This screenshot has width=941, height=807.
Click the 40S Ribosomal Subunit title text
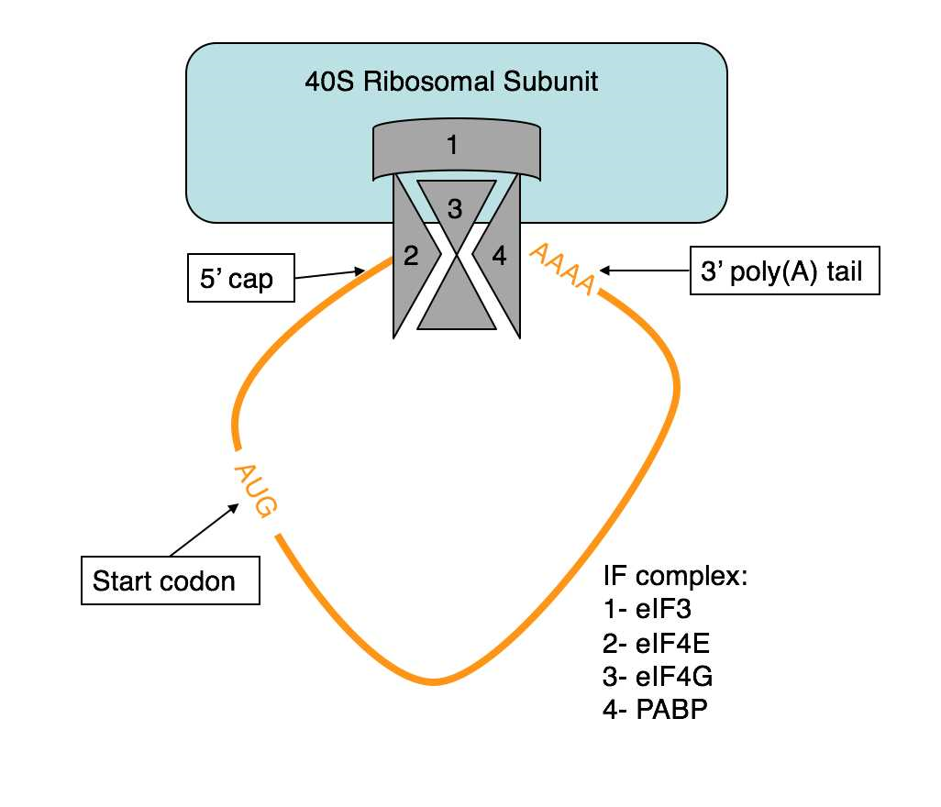coord(451,83)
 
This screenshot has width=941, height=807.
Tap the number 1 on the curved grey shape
coord(450,145)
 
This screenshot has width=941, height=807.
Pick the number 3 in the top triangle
coord(455,209)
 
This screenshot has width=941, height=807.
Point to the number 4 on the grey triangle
coord(499,256)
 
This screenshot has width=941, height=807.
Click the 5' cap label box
coord(241,277)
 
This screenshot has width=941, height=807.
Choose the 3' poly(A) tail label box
coord(784,271)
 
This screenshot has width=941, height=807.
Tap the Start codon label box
coord(170,580)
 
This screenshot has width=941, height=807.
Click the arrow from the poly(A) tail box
coord(646,271)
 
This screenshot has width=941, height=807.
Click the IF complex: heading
coord(676,577)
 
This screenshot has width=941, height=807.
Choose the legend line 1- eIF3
coord(642,611)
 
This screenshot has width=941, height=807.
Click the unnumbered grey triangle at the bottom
coord(456,312)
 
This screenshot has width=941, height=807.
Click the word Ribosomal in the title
coord(431,83)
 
